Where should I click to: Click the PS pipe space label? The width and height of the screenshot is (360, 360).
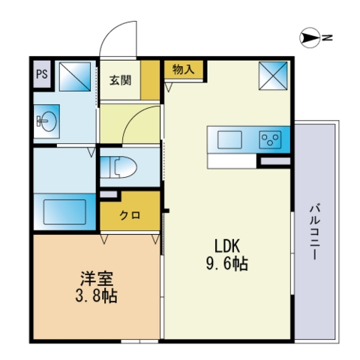pos(42,74)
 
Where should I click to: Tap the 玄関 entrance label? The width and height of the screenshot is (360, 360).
pos(120,80)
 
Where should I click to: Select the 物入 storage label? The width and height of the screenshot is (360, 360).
pos(183,69)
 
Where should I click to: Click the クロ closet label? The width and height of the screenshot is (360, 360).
pos(130,215)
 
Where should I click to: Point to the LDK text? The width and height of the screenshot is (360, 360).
pos(227,246)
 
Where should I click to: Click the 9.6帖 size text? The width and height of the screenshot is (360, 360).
pos(227,264)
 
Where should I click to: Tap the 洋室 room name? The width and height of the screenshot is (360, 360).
pos(97,278)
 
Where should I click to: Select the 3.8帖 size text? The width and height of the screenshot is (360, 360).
pos(97,296)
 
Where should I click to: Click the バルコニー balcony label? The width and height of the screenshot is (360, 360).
pos(315,232)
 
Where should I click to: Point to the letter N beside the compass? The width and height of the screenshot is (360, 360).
pos(327,37)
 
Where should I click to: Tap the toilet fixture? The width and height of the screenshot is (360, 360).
pos(118,166)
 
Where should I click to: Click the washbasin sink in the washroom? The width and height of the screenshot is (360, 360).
pos(46,121)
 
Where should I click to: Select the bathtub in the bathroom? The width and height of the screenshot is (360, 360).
pos(64,211)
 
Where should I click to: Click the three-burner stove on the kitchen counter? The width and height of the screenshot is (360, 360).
pos(270,139)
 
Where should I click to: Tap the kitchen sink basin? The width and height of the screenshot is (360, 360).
pos(229,139)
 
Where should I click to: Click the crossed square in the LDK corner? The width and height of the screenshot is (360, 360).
pos(273,76)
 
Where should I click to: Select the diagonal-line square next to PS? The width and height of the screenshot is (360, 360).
pos(75,76)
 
